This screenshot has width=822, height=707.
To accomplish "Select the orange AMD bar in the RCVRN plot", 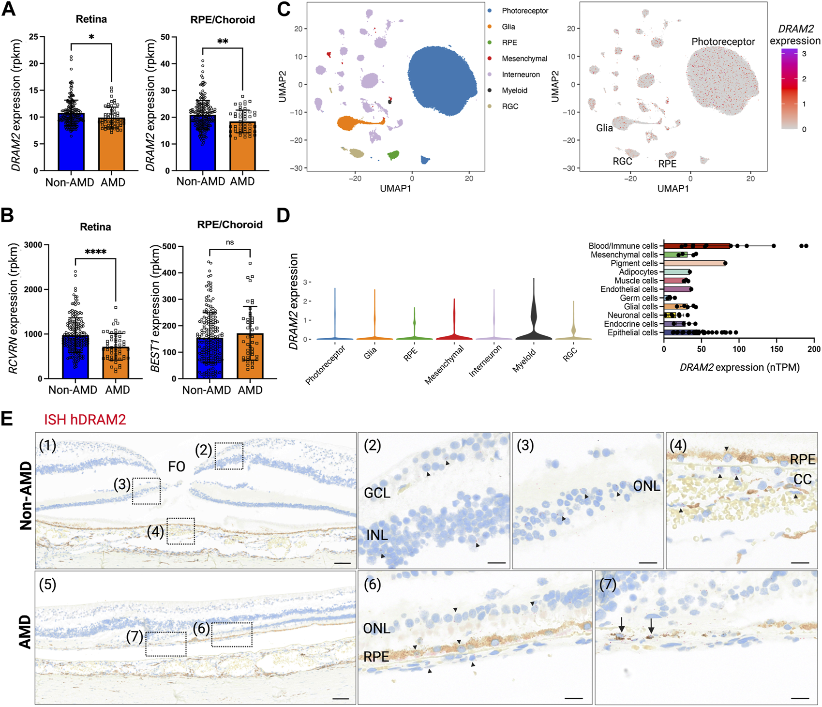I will pyautogui.click(x=116, y=362).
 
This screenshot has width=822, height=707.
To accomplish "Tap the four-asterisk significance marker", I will pyautogui.click(x=95, y=252).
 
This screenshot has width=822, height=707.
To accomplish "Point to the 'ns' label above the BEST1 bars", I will pyautogui.click(x=230, y=242).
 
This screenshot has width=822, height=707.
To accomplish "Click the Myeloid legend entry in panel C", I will pyautogui.click(x=514, y=90).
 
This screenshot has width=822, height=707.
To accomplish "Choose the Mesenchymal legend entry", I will pyautogui.click(x=524, y=59).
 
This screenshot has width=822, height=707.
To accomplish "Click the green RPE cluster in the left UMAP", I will pyautogui.click(x=394, y=155).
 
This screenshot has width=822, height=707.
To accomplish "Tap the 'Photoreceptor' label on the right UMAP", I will pyautogui.click(x=723, y=42).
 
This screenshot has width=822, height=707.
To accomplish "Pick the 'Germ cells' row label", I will pyautogui.click(x=639, y=298).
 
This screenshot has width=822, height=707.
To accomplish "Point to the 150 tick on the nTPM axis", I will pyautogui.click(x=777, y=349).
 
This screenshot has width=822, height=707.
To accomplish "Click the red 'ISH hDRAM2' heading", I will pyautogui.click(x=85, y=419).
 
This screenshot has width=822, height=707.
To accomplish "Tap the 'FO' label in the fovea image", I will pyautogui.click(x=177, y=466).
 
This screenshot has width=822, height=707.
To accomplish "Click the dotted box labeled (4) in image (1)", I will pyautogui.click(x=180, y=531).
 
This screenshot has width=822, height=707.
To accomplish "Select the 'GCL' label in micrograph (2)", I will pyautogui.click(x=377, y=493).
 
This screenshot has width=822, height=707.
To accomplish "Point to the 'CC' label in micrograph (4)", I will pyautogui.click(x=803, y=479).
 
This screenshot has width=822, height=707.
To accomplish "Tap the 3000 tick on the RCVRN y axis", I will pyautogui.click(x=33, y=245).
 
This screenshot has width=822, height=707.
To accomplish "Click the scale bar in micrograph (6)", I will pyautogui.click(x=573, y=698).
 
